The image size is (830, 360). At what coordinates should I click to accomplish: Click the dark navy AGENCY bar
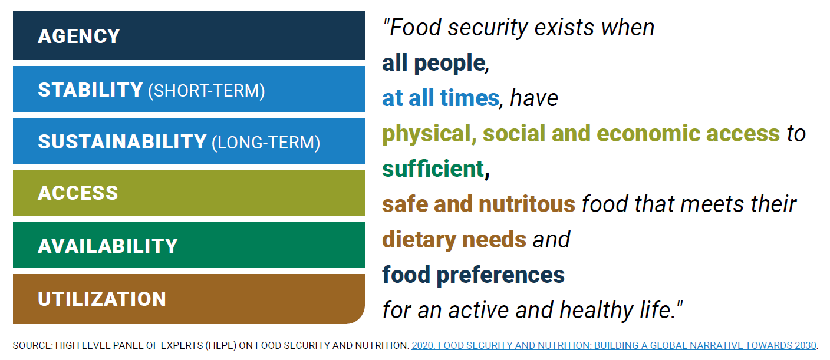[x=189, y=35]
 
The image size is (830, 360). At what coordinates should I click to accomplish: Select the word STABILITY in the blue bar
[x=90, y=90]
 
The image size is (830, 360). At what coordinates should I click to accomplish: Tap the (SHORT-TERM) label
[x=206, y=91]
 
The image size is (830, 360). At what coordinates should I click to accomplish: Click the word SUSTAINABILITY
[x=122, y=142]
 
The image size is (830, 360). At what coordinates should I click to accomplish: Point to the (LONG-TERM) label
[x=265, y=143]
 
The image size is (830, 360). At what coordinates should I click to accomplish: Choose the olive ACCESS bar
[x=189, y=193]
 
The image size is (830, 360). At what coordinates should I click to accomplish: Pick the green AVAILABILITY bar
[x=189, y=246]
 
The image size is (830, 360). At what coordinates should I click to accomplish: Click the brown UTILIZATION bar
[x=189, y=299]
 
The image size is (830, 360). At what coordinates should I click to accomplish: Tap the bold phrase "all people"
[x=433, y=63]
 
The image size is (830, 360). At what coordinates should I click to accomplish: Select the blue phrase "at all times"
[x=440, y=98]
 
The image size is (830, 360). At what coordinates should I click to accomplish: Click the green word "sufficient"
[x=433, y=169]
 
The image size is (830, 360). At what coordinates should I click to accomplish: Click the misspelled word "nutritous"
[x=526, y=204]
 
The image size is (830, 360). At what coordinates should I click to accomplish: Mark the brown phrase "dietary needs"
[x=454, y=240]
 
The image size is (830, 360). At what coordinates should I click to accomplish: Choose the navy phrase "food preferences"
[x=473, y=275]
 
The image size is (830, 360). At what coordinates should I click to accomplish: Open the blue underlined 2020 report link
[x=614, y=345]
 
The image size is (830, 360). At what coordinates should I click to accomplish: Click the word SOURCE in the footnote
[x=31, y=345]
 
